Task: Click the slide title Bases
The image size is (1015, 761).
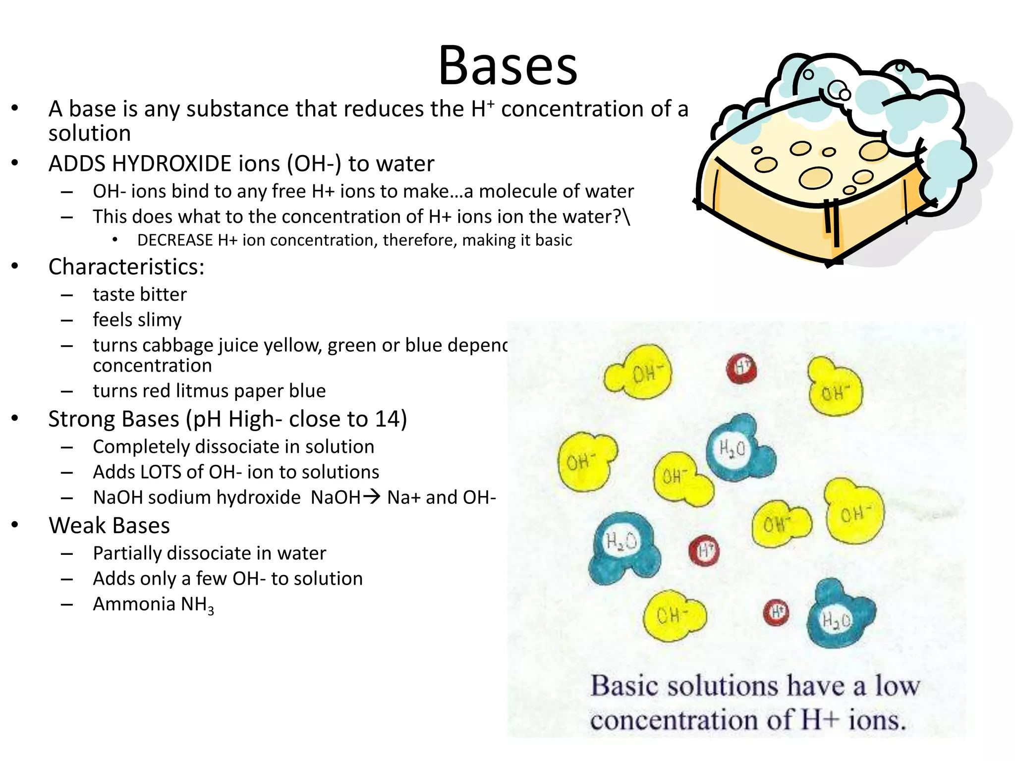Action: pos(507,66)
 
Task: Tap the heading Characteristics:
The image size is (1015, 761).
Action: pos(126,267)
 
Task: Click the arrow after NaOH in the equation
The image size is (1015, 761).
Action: pos(371,496)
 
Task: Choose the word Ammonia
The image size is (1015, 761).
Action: pos(134,604)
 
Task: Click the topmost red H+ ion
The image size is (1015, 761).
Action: pos(741,368)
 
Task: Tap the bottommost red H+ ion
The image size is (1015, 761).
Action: pos(776,613)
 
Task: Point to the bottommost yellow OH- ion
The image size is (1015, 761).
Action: pos(673,616)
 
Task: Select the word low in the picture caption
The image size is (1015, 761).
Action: pos(897,686)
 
